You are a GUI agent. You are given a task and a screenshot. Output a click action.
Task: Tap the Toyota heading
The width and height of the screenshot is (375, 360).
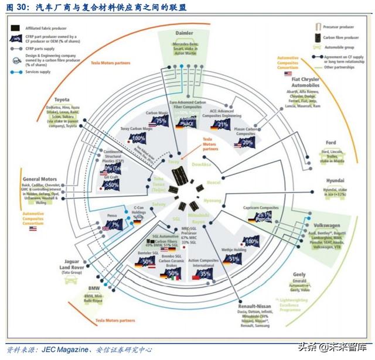click(x=62, y=100)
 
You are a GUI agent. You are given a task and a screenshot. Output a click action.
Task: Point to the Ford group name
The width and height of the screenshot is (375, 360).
click(x=331, y=142)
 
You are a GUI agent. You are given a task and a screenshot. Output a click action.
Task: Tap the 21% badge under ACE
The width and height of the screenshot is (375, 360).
click(x=222, y=124)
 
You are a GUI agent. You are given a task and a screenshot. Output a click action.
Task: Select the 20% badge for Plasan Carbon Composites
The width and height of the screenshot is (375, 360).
click(x=247, y=142)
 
